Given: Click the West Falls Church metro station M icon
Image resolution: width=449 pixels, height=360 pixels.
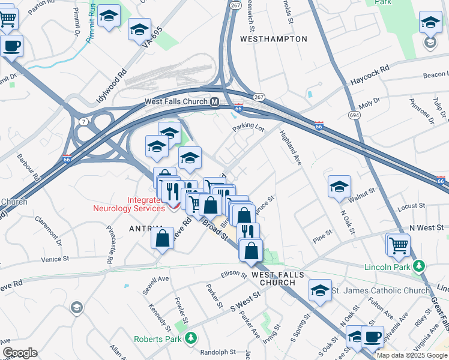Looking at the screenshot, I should [214, 102].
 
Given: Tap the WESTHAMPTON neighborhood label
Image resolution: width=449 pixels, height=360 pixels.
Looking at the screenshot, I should [273, 39].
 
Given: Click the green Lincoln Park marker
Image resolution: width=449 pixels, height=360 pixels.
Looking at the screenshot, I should [420, 266].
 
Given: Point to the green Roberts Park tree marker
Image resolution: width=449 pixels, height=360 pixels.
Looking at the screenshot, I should [191, 338].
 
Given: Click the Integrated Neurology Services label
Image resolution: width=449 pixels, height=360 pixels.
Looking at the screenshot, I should [128, 205].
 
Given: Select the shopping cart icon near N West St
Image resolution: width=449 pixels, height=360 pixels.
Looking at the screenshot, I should [399, 245].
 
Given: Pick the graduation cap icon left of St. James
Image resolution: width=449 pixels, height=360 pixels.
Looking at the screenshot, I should [321, 290].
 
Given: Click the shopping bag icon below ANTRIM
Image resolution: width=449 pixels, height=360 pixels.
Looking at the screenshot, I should [163, 239].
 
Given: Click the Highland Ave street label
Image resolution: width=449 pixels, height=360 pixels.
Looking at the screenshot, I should [291, 148].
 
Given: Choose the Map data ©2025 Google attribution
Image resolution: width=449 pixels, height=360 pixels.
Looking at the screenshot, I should [411, 355].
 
